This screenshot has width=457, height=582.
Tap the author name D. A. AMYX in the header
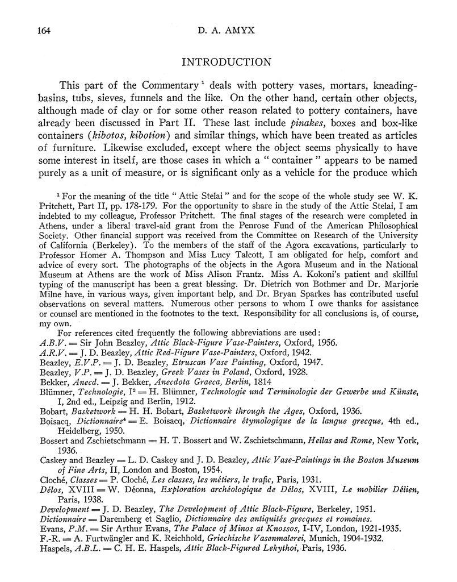[228, 31]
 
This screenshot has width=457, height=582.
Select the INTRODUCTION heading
[228, 62]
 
